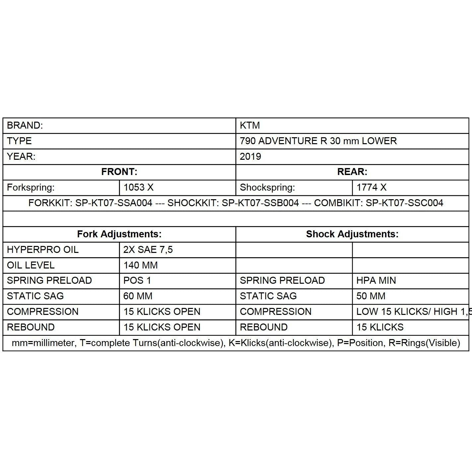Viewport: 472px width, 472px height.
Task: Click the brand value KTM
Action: coord(250,126)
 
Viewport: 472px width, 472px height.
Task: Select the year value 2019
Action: coord(250,156)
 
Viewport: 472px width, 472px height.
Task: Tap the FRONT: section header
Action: coord(119,172)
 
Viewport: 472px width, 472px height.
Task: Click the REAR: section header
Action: coord(352,172)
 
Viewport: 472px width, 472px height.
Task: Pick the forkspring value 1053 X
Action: coord(139,188)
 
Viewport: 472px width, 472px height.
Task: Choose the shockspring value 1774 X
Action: coord(371,188)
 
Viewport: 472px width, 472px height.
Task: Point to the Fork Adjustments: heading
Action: coord(119,234)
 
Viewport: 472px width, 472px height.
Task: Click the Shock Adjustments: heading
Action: coord(352,234)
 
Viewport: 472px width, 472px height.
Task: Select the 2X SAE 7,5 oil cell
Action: coord(148,250)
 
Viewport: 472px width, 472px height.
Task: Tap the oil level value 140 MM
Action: coord(141,265)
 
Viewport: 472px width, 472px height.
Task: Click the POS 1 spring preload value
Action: coord(137,280)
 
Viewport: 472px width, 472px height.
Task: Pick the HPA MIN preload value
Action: coord(376,280)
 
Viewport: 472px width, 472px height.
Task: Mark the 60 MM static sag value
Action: coord(138,296)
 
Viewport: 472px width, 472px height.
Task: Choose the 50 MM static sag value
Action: coord(371,296)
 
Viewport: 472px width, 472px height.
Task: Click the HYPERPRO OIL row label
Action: coord(43,250)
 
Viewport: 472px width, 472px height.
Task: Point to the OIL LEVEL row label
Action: coord(30,265)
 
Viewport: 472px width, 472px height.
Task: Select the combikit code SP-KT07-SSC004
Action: coord(404,203)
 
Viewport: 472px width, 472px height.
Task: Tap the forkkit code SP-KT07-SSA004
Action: coord(114,203)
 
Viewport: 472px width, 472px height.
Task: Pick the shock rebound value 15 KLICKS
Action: coord(380,327)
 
